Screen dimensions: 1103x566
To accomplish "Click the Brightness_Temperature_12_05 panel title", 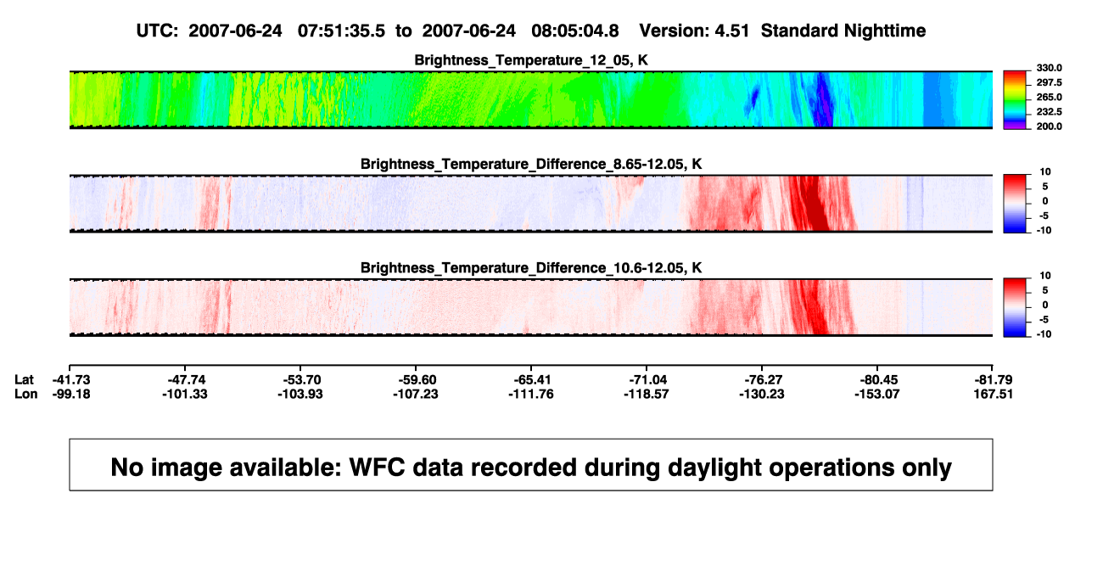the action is click(531, 60).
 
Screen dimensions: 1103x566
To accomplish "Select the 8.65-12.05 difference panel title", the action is click(531, 164).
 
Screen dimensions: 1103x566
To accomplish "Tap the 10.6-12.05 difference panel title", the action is click(531, 268).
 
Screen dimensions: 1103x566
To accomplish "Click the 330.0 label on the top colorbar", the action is click(1049, 68).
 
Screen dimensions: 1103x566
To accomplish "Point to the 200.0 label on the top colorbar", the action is click(1049, 126).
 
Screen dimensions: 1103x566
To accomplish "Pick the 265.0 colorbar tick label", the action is click(1049, 97).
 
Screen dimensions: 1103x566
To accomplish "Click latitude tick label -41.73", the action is click(71, 380).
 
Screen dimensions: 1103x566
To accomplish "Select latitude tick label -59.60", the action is click(416, 380).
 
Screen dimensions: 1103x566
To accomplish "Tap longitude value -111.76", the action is click(531, 394).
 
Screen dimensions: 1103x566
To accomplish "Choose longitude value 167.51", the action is click(993, 394).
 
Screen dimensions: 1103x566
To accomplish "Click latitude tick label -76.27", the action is click(762, 380).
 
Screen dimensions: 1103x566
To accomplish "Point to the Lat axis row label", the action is click(24, 380).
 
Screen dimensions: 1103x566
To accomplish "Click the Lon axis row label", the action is click(25, 394).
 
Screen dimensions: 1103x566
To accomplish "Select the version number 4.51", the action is click(731, 31).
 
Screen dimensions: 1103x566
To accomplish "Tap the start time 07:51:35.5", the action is click(341, 31).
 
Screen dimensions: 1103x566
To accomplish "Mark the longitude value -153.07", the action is click(877, 394).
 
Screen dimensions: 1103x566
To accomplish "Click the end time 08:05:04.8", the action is click(575, 31).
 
